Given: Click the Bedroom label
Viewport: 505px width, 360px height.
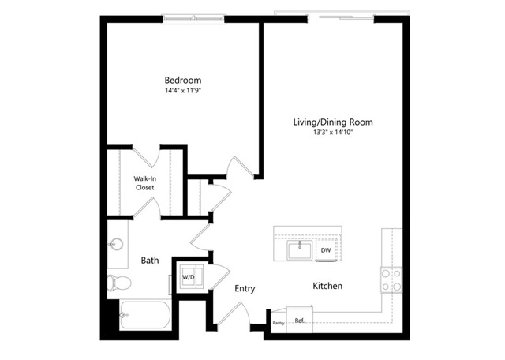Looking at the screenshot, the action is [x=183, y=81].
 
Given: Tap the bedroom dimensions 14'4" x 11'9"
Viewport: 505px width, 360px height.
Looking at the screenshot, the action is [x=183, y=91].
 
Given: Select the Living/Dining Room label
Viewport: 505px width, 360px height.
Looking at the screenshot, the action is [x=333, y=122].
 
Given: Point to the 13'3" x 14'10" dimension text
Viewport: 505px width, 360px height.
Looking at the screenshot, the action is [x=333, y=132].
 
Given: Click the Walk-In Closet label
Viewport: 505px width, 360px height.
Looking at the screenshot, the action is [x=145, y=183].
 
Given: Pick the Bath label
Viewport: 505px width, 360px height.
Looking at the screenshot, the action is [x=150, y=260].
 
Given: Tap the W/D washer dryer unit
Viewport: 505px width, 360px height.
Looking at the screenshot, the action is [x=191, y=276].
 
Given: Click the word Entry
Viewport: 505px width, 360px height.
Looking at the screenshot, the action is [x=245, y=288].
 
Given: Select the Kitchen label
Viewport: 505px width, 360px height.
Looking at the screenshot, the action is [x=327, y=286].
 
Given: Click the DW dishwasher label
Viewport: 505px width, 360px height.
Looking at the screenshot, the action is [x=326, y=250].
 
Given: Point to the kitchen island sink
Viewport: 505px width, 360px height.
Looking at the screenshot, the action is [x=300, y=249].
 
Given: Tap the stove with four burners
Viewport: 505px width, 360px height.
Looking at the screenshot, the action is [x=391, y=279].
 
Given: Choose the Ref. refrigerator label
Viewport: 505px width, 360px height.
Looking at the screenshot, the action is [x=300, y=321].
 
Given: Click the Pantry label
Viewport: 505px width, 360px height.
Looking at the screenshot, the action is [x=279, y=323].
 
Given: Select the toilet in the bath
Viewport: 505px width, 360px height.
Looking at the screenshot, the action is [x=119, y=283].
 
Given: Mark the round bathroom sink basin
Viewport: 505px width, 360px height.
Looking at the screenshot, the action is [x=116, y=244].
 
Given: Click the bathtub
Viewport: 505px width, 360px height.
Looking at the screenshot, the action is [x=145, y=315].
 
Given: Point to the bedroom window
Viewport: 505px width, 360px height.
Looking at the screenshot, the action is [x=193, y=19].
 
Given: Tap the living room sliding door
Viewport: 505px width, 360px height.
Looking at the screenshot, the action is [x=341, y=17].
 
